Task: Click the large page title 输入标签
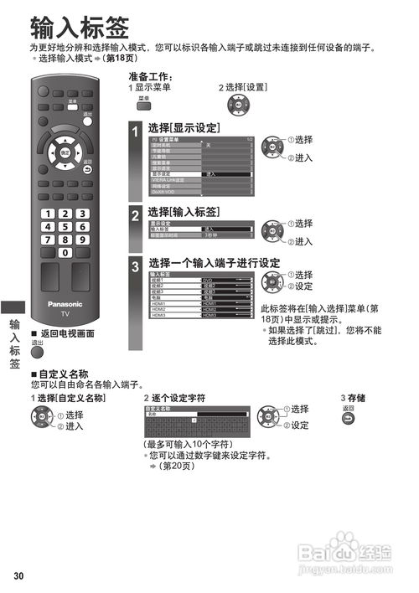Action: (x=79, y=28)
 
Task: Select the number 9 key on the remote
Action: (x=82, y=240)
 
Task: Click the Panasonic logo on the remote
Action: (x=65, y=304)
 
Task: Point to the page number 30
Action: (x=18, y=575)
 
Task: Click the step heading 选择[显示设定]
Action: (x=184, y=128)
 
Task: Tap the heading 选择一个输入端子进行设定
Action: (x=214, y=263)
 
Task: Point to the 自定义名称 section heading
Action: (x=62, y=374)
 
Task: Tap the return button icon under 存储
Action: (x=348, y=417)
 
